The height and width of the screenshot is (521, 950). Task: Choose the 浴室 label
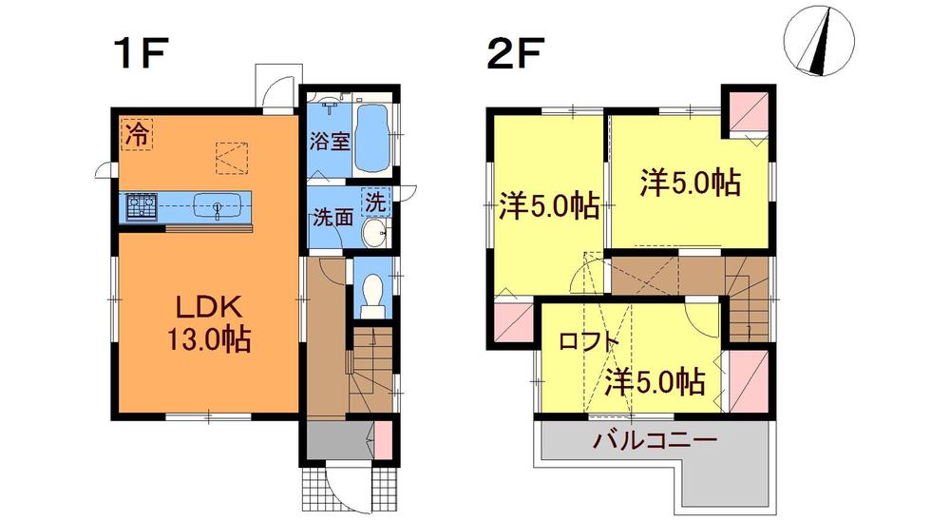[330, 142]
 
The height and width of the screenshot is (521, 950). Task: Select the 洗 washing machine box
[377, 202]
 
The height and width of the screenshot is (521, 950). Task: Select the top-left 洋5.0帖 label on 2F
[550, 206]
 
